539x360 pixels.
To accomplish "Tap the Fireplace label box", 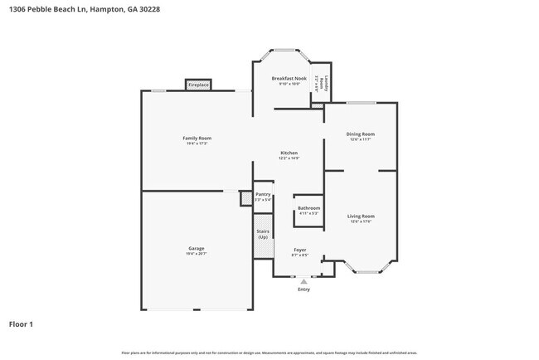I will tap(198, 85).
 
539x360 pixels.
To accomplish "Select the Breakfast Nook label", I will tap(289, 78).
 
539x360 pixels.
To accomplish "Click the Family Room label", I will tap(197, 138).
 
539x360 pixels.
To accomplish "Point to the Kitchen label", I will tap(289, 153).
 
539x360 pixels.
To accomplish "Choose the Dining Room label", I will tap(361, 134).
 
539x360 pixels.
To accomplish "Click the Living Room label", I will tap(361, 216).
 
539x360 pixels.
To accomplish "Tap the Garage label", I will tap(197, 248).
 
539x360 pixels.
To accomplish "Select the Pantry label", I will tap(263, 195).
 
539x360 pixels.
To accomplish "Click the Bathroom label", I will tap(308, 208).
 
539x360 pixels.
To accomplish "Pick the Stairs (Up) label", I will tap(263, 234).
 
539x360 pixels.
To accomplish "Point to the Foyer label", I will tap(299, 250).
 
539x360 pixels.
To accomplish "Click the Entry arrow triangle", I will tap(303, 282).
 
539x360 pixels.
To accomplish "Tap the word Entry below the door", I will tap(303, 289).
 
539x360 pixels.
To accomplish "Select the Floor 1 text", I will tap(21, 324).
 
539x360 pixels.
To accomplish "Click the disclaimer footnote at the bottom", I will tap(269, 353).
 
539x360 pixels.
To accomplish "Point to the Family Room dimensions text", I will tap(197, 144).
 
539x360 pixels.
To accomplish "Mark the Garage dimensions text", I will tap(197, 254).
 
